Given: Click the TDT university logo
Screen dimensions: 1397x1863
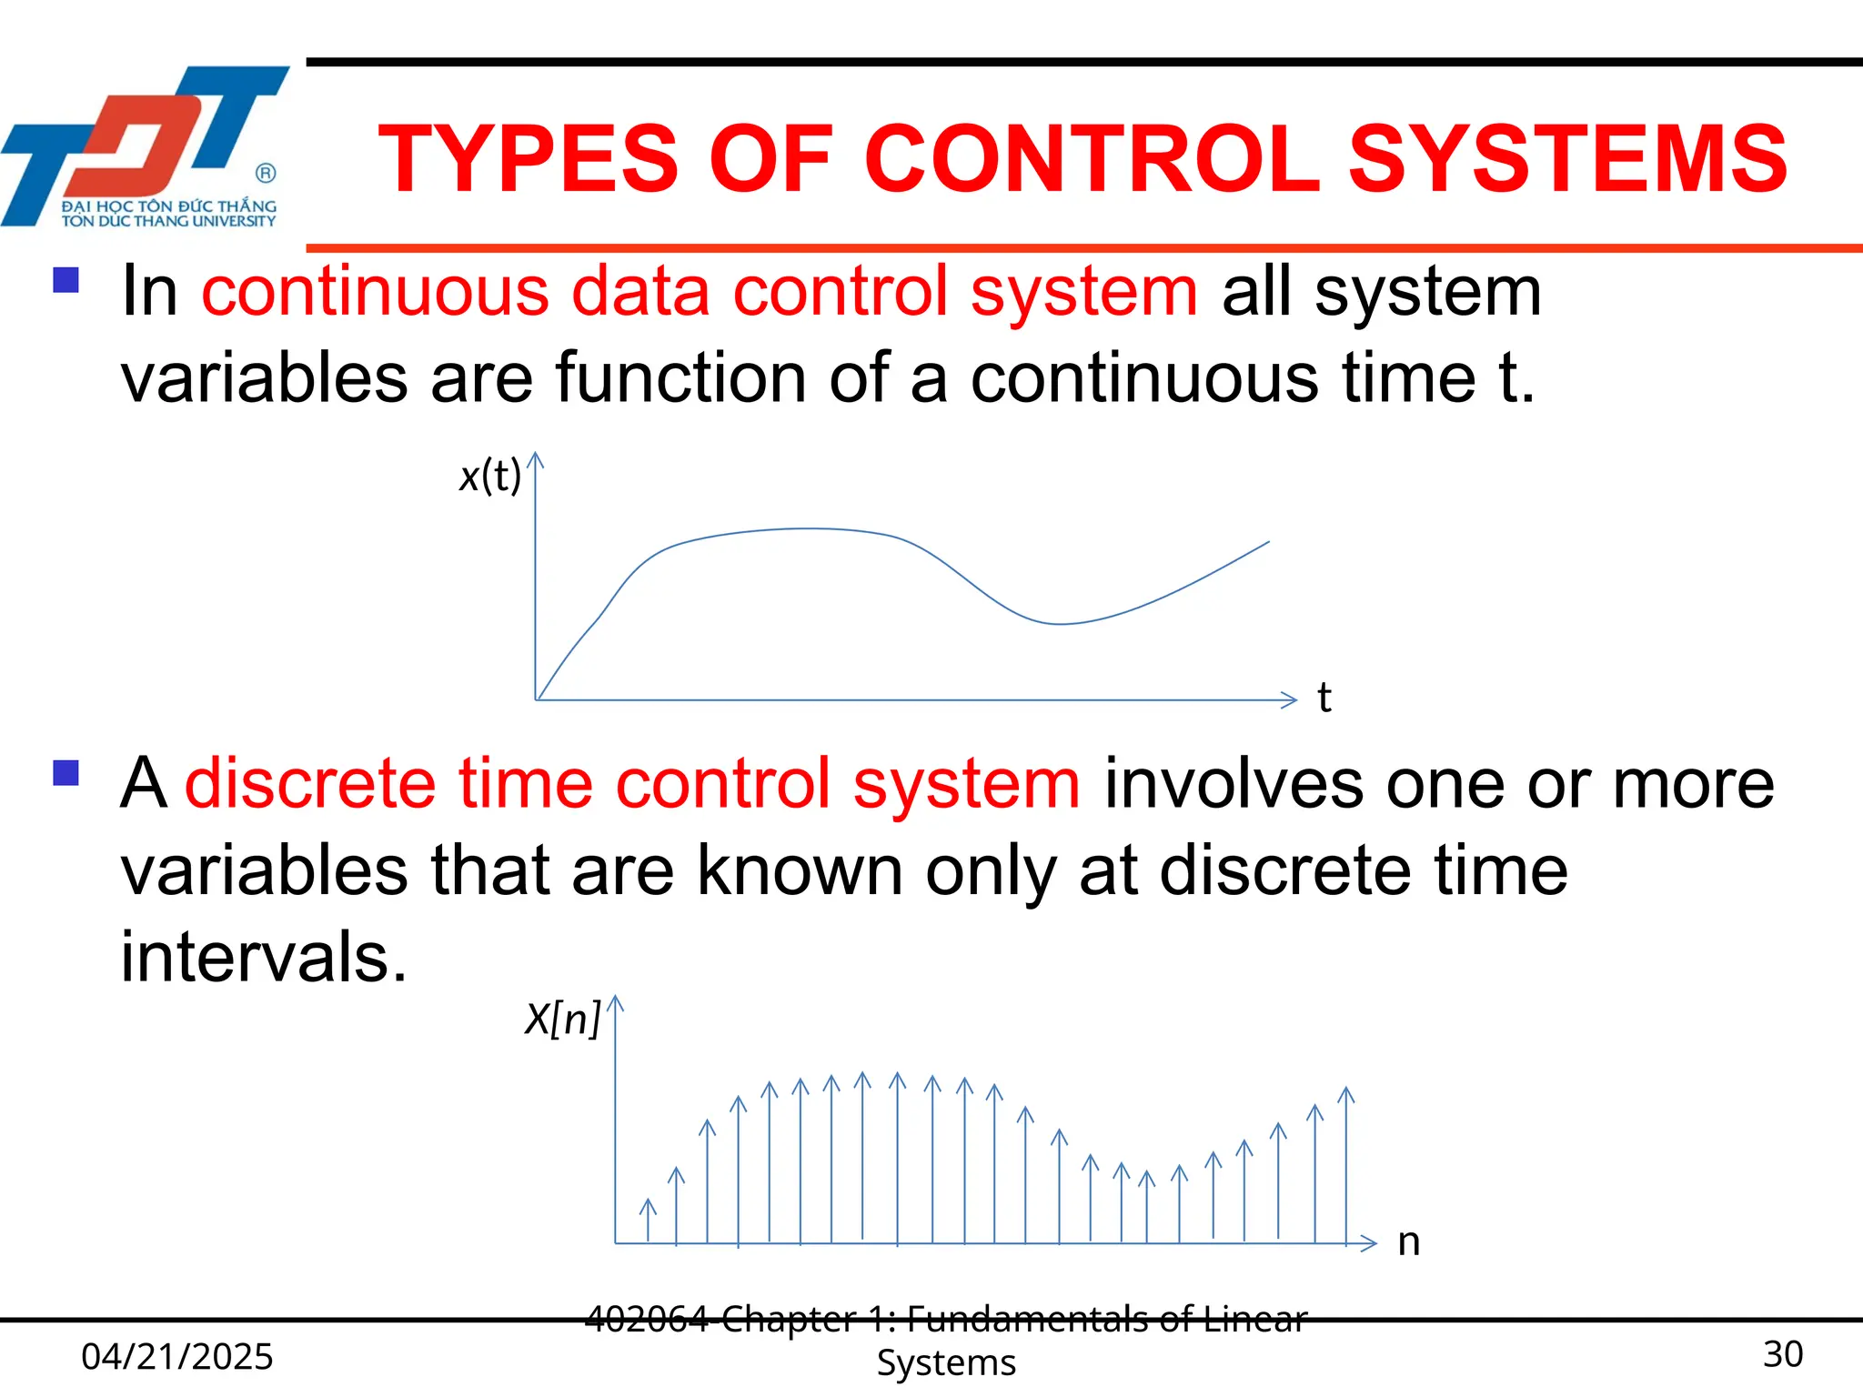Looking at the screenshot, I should tap(146, 146).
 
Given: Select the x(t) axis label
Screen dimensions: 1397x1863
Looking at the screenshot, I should tap(490, 476).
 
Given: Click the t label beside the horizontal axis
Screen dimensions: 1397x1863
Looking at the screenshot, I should tap(1324, 698).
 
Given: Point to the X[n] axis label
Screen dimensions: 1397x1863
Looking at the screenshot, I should tap(563, 1019).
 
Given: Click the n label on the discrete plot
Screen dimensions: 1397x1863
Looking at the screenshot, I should tap(1408, 1242).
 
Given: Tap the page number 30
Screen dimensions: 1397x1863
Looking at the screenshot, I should tap(1782, 1354).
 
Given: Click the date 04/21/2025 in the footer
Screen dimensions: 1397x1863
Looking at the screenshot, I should tap(177, 1356).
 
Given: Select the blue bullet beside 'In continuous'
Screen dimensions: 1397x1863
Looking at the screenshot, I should tap(66, 279).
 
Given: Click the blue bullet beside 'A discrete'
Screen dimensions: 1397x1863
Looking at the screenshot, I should tap(66, 773).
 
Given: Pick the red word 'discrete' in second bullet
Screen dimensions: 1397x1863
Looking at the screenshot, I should tap(309, 784).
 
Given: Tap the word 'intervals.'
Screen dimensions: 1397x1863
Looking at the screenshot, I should tap(264, 958).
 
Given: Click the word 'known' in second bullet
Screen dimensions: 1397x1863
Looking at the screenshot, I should tap(800, 871).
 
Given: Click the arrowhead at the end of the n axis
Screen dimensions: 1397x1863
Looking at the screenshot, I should tap(1368, 1242).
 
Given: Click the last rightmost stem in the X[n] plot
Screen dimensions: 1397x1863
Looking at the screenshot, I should tap(1346, 1164).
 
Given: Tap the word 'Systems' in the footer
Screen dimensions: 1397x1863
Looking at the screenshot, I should tap(946, 1363).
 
